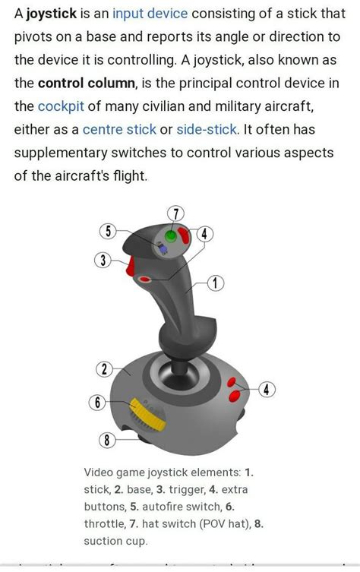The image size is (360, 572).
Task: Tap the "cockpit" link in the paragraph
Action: pyautogui.click(x=61, y=106)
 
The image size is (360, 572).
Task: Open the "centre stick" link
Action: pyautogui.click(x=119, y=129)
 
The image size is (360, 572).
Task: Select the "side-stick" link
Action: pyautogui.click(x=206, y=129)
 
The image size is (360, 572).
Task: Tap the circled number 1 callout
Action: pyautogui.click(x=215, y=283)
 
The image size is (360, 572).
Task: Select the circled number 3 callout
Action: pyautogui.click(x=103, y=261)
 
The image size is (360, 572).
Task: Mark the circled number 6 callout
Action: pyautogui.click(x=96, y=403)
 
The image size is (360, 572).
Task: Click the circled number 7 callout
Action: pyautogui.click(x=176, y=213)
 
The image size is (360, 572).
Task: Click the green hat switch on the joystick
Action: pyautogui.click(x=172, y=235)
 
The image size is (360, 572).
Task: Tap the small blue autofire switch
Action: pyautogui.click(x=163, y=248)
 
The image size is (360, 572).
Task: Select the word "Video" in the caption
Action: pyautogui.click(x=99, y=472)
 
